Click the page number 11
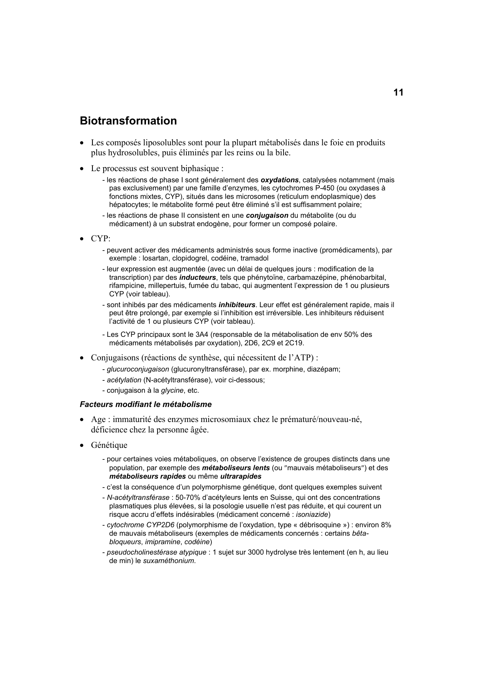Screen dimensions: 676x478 click(x=398, y=92)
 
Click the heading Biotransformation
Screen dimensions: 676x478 click(x=128, y=121)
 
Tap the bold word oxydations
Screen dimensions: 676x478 click(x=280, y=180)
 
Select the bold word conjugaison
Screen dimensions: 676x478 click(x=267, y=215)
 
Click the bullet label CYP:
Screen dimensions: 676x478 click(x=101, y=239)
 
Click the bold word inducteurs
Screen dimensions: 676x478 click(x=198, y=277)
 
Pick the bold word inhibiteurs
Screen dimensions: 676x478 click(x=237, y=305)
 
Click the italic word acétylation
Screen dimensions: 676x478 click(x=124, y=380)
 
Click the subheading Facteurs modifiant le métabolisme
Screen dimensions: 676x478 click(x=146, y=405)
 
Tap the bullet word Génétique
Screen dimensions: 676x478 click(x=109, y=445)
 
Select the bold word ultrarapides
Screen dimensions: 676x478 click(x=241, y=476)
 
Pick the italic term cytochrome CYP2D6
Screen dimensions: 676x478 click(x=141, y=525)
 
